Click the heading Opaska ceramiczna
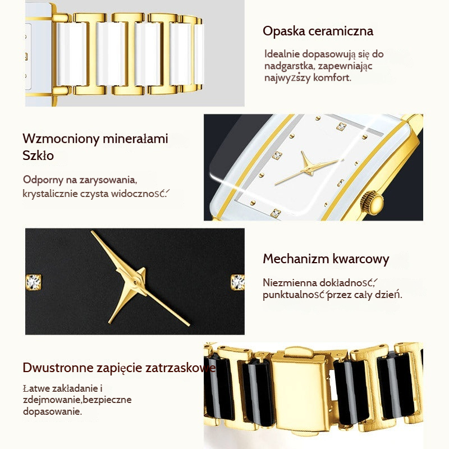coord(318,31)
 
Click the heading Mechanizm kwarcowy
coord(326,259)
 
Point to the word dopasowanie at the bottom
coord(52,411)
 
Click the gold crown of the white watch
coord(372,203)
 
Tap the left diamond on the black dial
coord(34,282)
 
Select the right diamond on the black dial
coord(237,282)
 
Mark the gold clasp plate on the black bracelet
coord(300,394)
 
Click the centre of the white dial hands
coord(309,170)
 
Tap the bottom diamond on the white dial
coord(276,213)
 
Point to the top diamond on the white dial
coord(341,126)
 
